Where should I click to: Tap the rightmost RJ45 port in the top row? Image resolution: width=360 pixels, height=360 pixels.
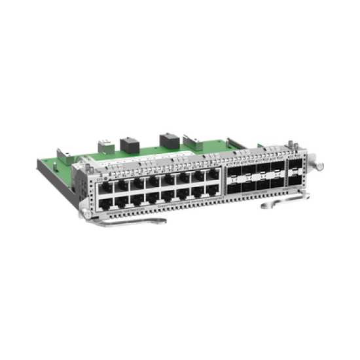(x=213, y=173)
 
